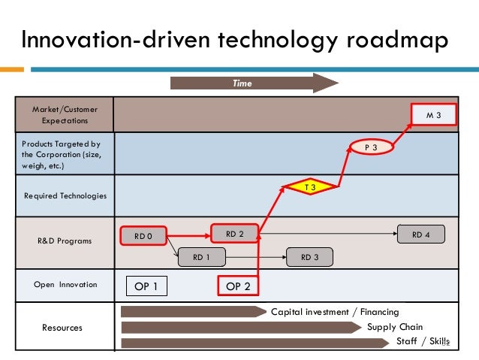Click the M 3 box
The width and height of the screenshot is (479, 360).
point(434,116)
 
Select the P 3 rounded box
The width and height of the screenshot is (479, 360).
point(371,148)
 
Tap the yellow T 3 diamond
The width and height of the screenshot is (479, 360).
point(309,186)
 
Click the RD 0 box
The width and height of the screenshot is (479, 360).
point(143,236)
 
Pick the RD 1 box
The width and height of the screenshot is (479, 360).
point(200,257)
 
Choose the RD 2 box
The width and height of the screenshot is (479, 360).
point(235,234)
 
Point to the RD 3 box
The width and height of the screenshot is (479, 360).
point(310,257)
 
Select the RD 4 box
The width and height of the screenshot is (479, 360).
point(421,234)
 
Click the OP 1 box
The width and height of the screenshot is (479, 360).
point(146,286)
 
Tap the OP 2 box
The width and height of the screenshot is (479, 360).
point(238,286)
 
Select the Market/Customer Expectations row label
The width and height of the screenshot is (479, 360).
point(65,115)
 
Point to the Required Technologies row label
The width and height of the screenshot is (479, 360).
point(65,195)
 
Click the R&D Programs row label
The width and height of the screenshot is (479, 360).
point(65,241)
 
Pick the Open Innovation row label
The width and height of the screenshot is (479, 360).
point(65,285)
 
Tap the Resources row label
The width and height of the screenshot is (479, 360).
point(62,328)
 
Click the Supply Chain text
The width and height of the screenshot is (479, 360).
point(395,327)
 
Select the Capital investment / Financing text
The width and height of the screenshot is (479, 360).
point(335,311)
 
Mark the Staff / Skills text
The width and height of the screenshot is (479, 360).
point(422,342)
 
